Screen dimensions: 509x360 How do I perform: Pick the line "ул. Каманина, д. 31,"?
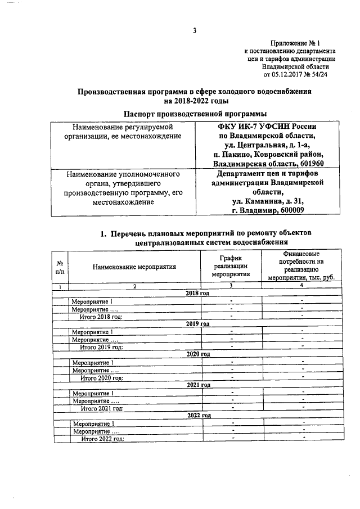268,201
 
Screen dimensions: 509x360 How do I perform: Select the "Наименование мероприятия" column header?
134,267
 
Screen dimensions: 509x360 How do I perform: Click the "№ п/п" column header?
60,267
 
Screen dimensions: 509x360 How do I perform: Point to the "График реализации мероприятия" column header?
231,267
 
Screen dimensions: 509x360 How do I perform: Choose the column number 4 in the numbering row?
301,286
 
